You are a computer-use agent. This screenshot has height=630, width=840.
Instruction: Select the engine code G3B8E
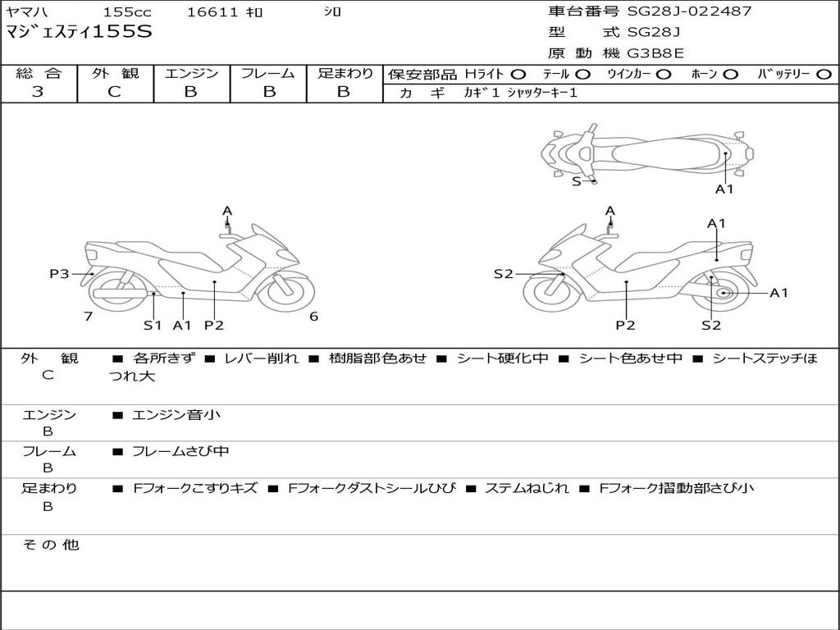click(655, 53)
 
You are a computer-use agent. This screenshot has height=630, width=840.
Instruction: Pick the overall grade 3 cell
click(38, 92)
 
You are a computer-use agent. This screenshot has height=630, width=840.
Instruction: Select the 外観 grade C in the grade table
click(115, 92)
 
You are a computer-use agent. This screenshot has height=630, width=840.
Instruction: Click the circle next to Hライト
click(518, 75)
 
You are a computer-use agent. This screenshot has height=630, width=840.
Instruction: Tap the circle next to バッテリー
click(824, 75)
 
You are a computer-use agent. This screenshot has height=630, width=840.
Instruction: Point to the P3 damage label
click(59, 274)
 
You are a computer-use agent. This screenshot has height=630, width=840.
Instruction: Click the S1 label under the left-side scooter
click(153, 325)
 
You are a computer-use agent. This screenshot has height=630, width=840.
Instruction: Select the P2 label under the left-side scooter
click(214, 325)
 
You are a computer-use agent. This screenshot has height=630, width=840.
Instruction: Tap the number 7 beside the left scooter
click(88, 317)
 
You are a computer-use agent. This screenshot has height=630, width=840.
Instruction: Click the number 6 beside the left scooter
click(313, 317)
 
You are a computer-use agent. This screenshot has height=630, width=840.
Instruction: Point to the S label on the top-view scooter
click(576, 181)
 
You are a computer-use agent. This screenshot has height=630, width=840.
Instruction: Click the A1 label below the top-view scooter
click(724, 189)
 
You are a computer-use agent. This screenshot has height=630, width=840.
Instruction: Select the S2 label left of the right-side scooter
click(503, 274)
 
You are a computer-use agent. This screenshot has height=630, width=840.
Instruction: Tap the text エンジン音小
click(176, 415)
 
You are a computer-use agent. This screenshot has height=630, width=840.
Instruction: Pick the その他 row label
click(50, 545)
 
